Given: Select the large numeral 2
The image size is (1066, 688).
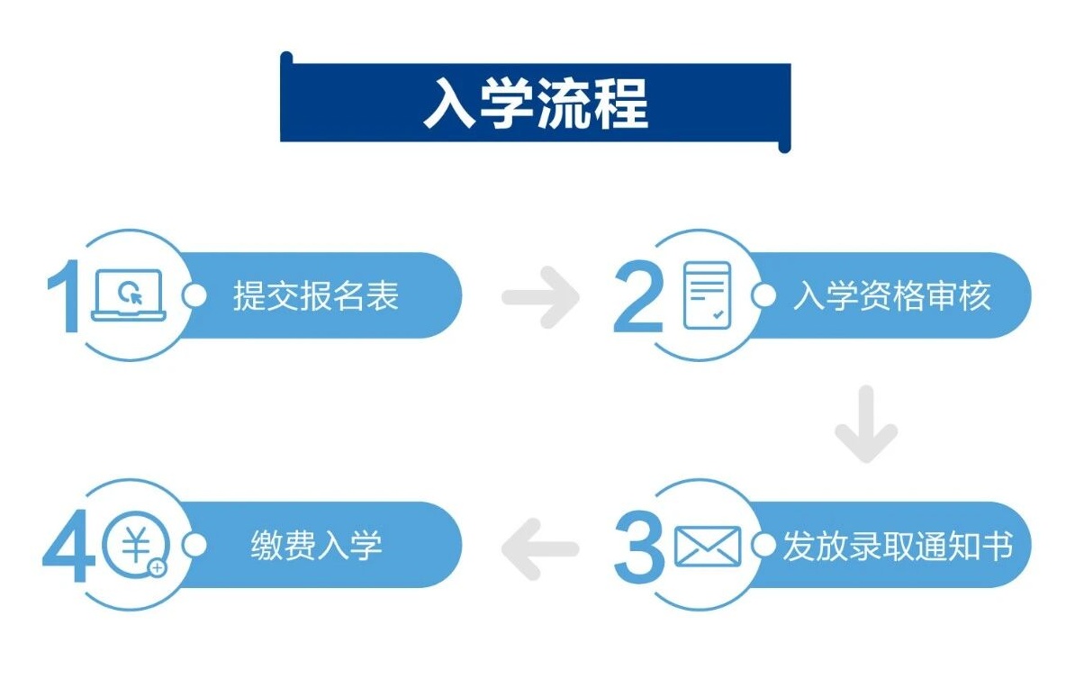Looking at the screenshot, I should (638, 298).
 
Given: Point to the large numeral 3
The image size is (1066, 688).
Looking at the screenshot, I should (639, 546).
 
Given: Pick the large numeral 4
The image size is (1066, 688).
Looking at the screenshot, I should (69, 547).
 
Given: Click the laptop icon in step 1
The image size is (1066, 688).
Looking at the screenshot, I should (129, 295).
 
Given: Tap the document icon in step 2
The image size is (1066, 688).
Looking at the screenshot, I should (707, 295).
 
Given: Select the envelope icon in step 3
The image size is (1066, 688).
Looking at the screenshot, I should (707, 546).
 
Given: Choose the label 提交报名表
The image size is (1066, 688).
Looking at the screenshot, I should (315, 295).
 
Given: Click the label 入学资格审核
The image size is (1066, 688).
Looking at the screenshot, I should (890, 295).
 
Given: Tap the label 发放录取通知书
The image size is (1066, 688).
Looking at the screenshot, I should (898, 546).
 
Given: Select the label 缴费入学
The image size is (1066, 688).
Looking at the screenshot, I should (316, 546).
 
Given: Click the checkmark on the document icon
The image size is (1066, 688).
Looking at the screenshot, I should (718, 315).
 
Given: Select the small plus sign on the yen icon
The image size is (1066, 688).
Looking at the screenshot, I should (158, 568).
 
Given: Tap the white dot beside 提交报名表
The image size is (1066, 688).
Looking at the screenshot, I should (194, 295).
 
